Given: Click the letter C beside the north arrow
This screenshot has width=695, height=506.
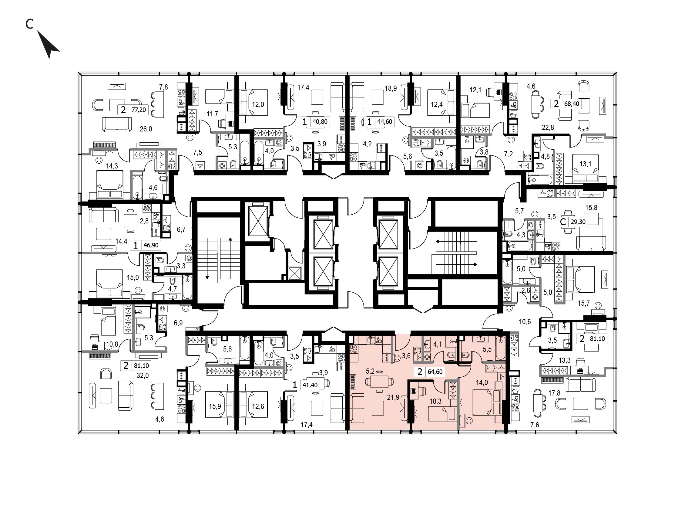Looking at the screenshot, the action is pos(29,24).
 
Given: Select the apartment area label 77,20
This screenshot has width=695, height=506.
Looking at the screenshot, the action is pos(139,110).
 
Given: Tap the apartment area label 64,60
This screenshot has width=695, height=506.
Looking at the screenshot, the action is pos(435,372).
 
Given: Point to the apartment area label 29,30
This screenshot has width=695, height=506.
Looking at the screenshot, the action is pos(578,222).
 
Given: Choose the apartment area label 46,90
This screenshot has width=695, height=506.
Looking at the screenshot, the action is pos(151,245).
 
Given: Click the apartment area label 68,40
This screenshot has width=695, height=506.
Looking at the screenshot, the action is pos(572,104).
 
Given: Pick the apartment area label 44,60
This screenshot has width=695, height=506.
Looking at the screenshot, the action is pos(384,121).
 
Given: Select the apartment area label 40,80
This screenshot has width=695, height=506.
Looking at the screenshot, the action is pos(320,121).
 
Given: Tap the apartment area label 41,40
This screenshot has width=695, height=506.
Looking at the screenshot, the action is pos(310,385).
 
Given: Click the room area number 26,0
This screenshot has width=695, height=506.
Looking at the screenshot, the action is pos(146,129).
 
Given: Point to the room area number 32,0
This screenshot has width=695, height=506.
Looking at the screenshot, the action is pos(143,375).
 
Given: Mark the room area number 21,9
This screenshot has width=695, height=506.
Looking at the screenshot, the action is pos(393,397).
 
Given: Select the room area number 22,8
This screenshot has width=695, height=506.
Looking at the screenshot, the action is pos(548,127).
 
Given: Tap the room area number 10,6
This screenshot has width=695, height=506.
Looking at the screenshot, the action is pos(525,322).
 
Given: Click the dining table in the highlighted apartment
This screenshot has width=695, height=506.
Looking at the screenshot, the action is pos(379,382).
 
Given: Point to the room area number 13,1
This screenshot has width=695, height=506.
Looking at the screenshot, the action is pos(585,164).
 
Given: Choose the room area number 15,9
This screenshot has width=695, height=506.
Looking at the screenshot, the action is pos(215,406).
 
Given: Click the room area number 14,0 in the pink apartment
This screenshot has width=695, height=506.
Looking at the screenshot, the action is pos(482,382).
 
